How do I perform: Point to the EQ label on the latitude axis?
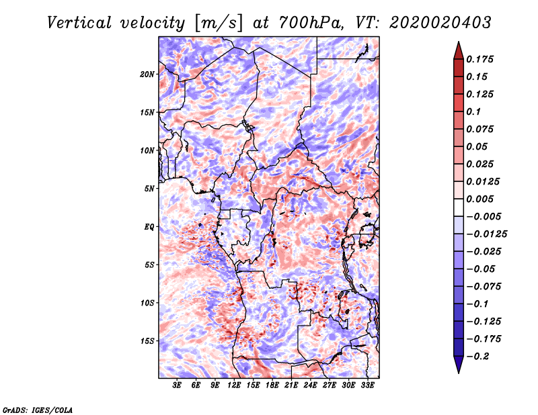[x=149, y=226]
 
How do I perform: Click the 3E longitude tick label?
[x=178, y=386]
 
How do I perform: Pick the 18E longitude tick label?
[x=272, y=386]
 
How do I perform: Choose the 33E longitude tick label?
[x=367, y=386]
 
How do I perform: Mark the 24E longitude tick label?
[x=310, y=386]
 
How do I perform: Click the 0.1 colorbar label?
[x=476, y=111]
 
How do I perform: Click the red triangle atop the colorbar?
[x=458, y=49]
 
